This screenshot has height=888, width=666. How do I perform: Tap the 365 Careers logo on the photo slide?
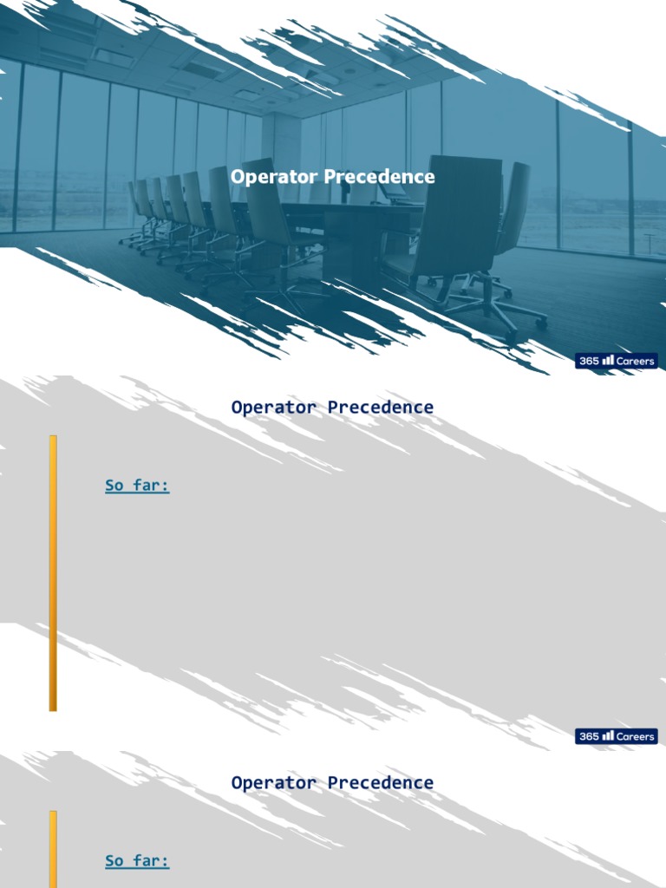click(x=617, y=361)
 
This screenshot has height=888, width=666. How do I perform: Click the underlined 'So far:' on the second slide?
click(x=137, y=486)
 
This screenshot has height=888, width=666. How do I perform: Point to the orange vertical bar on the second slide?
click(x=53, y=572)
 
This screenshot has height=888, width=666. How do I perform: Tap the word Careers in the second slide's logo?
click(x=635, y=736)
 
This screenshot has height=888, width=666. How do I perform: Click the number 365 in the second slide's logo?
click(x=589, y=736)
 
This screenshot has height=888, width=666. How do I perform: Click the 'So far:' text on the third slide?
click(x=137, y=861)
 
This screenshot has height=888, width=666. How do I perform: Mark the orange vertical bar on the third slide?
click(x=53, y=850)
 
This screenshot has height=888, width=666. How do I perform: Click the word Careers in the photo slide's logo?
click(x=635, y=361)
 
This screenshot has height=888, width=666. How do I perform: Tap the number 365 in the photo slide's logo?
click(x=589, y=361)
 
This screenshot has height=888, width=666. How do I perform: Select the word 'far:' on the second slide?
click(x=152, y=486)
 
